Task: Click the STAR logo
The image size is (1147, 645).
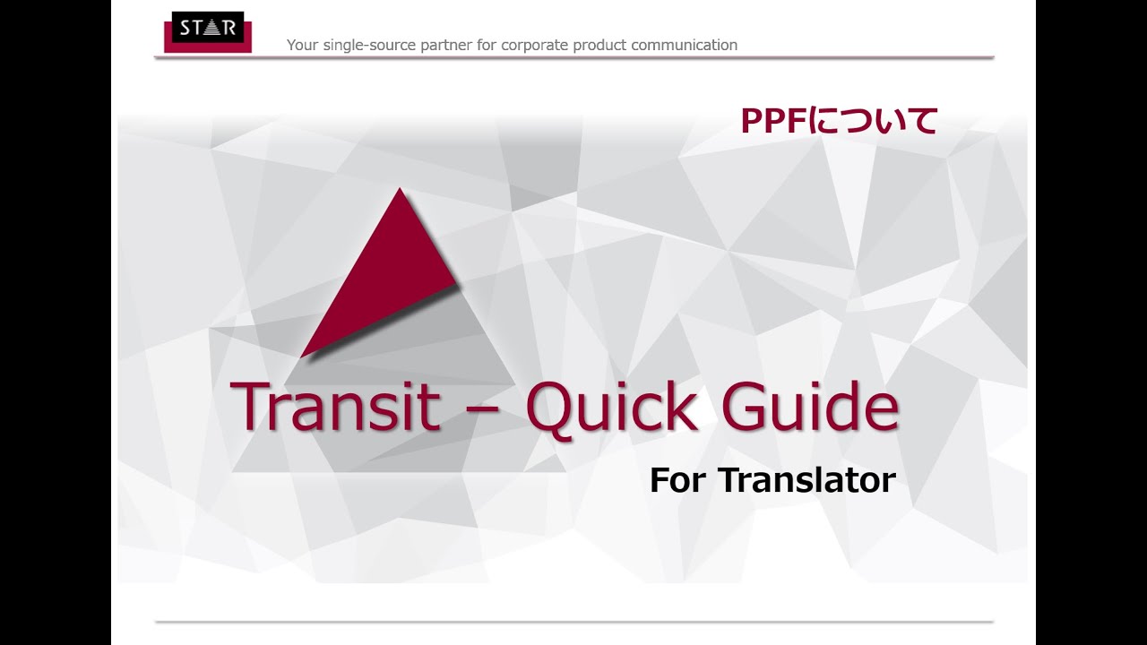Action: click(x=207, y=30)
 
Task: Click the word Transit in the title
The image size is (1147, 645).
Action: click(x=335, y=408)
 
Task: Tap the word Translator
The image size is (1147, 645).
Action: click(x=806, y=480)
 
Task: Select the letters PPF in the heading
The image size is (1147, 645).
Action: click(x=773, y=121)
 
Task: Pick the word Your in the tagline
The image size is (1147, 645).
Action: click(x=302, y=45)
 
